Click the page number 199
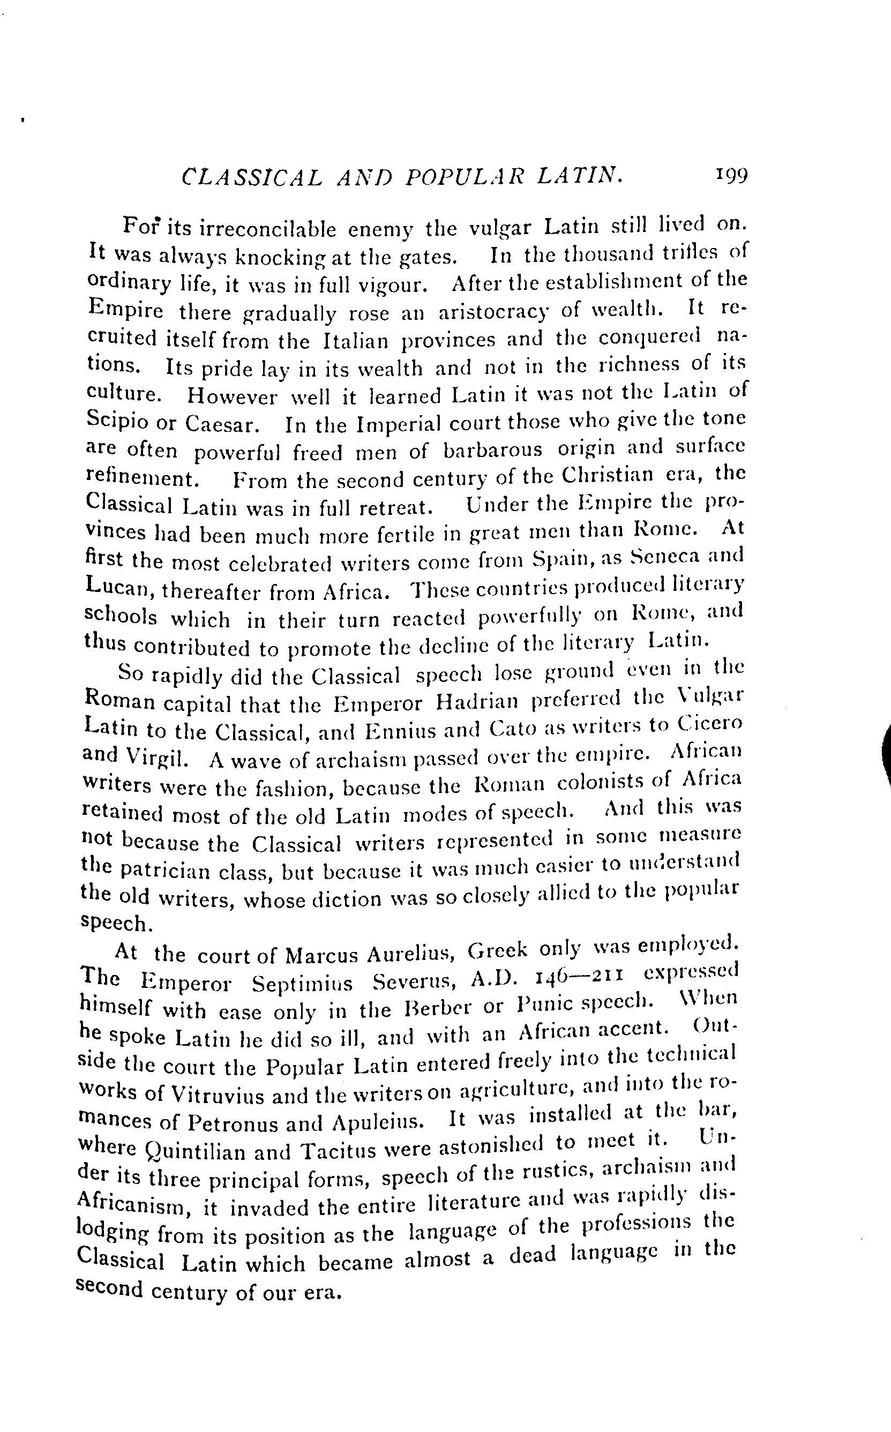pos(731,175)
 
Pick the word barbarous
pos(492,449)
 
